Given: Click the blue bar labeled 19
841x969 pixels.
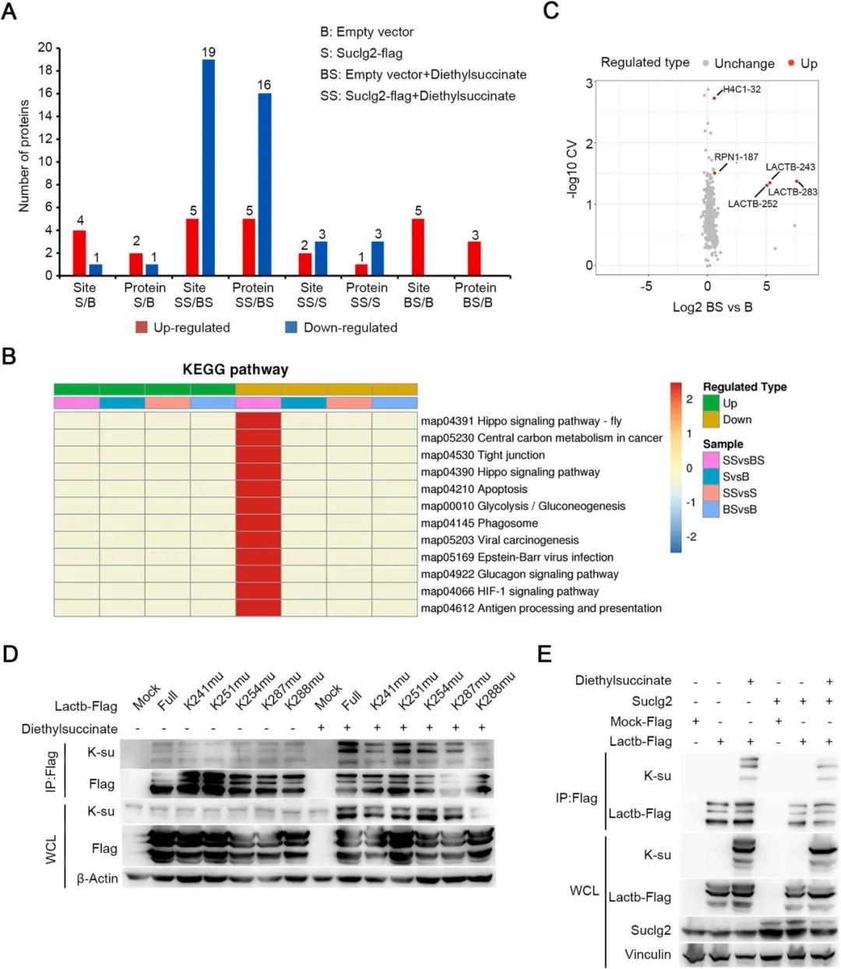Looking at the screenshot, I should (x=209, y=167).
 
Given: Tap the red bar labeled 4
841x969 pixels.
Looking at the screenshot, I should (x=79, y=252).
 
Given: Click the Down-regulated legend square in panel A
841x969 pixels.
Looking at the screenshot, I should (x=291, y=328).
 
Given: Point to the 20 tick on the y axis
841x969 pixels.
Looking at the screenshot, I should (x=44, y=47).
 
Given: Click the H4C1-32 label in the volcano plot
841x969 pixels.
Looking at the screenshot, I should (x=741, y=90).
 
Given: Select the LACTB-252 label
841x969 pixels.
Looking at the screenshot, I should (x=752, y=204).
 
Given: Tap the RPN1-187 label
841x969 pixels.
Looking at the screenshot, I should (x=736, y=157).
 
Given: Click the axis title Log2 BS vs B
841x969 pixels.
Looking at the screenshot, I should (x=712, y=307).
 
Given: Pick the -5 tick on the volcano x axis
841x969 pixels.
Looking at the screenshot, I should (x=646, y=286).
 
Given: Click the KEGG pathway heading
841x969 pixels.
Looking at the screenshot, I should (x=235, y=370).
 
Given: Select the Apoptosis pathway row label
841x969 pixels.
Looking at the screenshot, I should (x=474, y=489).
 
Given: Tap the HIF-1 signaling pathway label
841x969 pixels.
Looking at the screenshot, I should (x=509, y=592).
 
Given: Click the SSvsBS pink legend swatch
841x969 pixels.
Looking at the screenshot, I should (x=711, y=460).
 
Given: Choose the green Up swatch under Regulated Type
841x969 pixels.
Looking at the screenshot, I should (x=711, y=403).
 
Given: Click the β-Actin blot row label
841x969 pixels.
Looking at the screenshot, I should (x=97, y=879).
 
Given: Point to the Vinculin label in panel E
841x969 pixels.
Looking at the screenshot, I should (x=647, y=954).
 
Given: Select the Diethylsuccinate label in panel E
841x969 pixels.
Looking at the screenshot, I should (x=623, y=680).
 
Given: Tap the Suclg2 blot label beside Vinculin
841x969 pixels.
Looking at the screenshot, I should (x=650, y=930).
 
